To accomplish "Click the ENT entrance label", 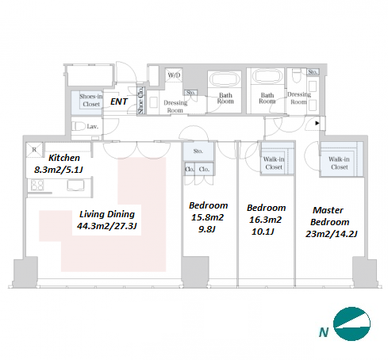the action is point(119,101).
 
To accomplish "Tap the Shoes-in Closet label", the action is point(91,100).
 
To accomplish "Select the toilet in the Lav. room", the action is point(79,126).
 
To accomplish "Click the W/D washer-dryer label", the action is point(174,75).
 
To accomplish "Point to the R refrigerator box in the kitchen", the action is point(34,150).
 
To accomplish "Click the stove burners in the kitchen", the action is point(37,185).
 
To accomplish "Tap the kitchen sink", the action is point(75,185).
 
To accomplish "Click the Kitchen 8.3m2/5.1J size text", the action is point(59,170).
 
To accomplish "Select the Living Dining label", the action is point(107,214).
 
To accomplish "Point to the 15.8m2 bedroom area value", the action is point(208,217).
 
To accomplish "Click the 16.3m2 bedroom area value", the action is point(265,220).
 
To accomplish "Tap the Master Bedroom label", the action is point(329,216).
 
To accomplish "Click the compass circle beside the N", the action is point(352,324).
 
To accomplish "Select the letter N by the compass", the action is point(324,332).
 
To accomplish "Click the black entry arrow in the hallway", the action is point(317,123).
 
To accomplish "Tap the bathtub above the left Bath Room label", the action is point(225,79).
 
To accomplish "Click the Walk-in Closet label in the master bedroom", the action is point(339,163).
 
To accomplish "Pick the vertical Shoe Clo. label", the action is point(140,101).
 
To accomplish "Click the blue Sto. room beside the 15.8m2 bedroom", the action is point(198,151).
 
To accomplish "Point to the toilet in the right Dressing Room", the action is point(297,75).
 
